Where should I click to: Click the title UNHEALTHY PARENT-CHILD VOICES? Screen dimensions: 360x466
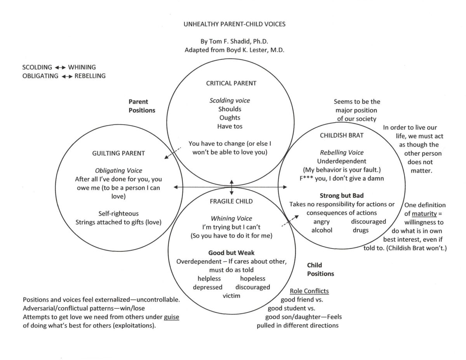pos(234,24)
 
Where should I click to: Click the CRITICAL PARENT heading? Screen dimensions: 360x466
pos(231,83)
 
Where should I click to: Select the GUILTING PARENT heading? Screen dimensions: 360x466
pos(118,153)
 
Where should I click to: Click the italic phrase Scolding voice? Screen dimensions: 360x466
pos(230,101)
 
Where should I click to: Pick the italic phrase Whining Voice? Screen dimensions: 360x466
pos(231,219)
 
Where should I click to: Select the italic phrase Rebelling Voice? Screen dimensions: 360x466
pos(342,153)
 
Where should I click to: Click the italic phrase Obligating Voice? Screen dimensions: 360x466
pos(119,170)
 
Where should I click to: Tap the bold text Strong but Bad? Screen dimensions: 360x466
pos(342,196)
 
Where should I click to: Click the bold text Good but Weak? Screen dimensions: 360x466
pos(231,253)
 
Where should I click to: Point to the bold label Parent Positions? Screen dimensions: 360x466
pos(142,106)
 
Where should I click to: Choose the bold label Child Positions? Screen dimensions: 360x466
pos(320,270)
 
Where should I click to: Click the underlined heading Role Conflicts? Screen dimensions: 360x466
pos(309,291)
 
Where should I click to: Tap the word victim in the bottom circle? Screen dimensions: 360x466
pos(231,296)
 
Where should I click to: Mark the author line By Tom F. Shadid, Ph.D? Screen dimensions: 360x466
pos(234,42)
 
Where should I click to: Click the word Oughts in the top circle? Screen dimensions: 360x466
pos(230,118)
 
